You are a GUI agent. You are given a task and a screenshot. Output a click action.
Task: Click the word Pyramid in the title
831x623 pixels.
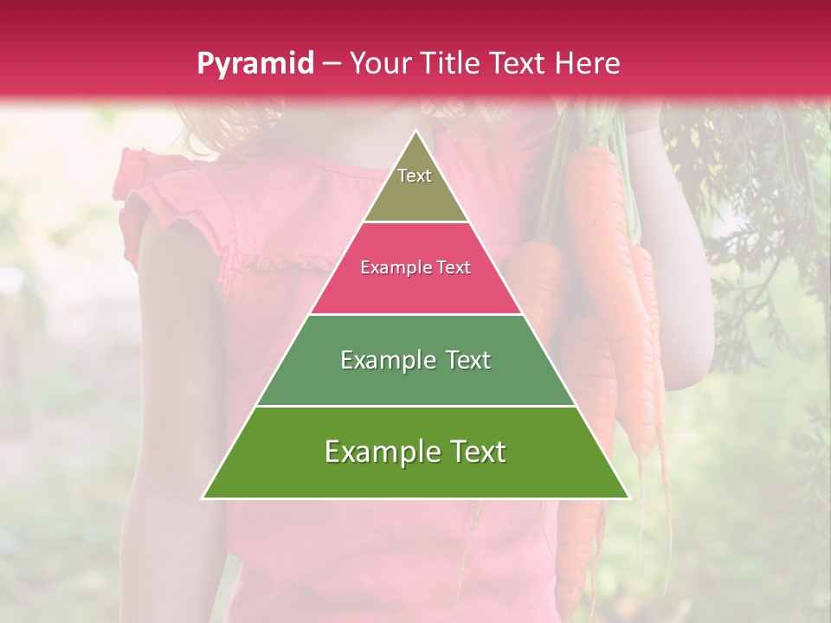255,63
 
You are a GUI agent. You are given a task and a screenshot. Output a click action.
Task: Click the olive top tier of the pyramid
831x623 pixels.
415,195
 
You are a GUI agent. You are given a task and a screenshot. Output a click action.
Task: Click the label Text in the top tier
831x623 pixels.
415,176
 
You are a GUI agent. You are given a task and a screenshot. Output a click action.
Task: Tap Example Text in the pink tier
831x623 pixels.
415,267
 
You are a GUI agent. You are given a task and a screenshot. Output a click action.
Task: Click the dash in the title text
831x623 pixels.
332,63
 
